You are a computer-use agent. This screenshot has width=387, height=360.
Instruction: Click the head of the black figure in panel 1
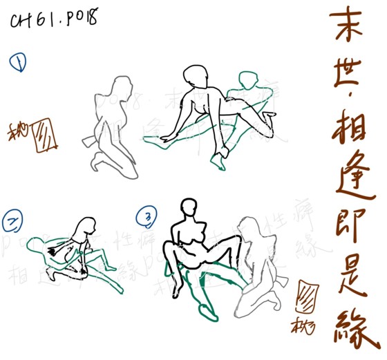pyautogui.click(x=196, y=77)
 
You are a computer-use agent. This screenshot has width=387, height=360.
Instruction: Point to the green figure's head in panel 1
pyautogui.click(x=247, y=80)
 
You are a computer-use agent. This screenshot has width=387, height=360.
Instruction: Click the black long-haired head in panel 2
pyautogui.click(x=85, y=228)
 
